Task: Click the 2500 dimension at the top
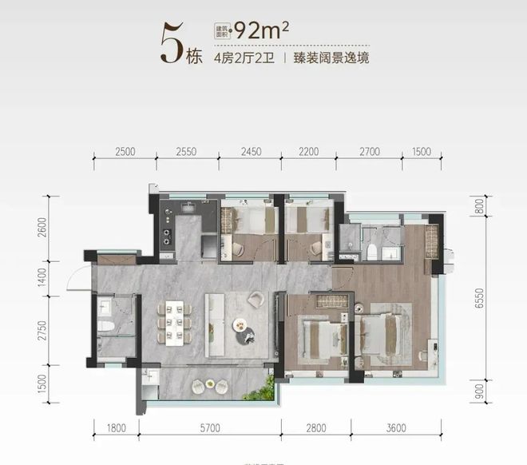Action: point(124,152)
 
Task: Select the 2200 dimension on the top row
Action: point(308,152)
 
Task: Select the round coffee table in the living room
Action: point(240,325)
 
